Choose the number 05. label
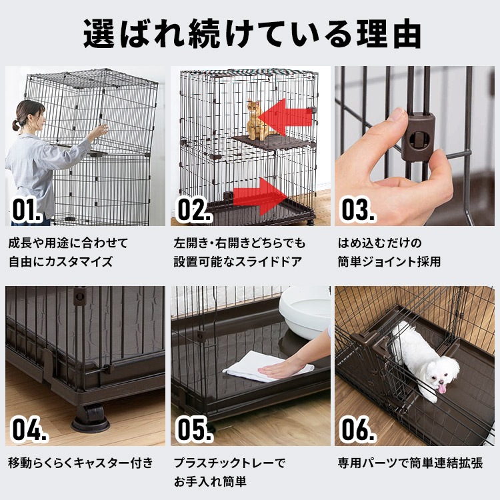click(195, 429)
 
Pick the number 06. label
click(359, 429)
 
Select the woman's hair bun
click(15, 126)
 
